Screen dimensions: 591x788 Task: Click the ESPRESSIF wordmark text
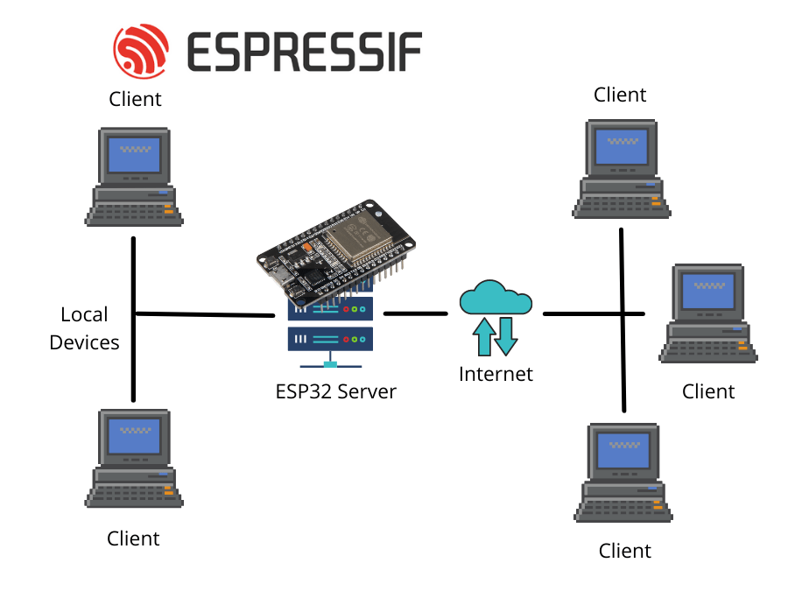(304, 52)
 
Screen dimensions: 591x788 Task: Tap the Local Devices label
(84, 328)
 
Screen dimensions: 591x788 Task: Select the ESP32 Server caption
(336, 391)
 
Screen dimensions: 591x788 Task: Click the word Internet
(496, 375)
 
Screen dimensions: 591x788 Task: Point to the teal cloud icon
(496, 299)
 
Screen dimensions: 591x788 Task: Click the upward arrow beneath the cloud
(482, 336)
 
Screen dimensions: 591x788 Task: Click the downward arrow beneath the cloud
(505, 336)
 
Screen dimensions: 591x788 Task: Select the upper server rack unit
(330, 308)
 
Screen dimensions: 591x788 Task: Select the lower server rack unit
(330, 339)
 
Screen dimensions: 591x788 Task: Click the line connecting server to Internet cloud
(417, 313)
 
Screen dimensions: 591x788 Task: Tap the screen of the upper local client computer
(134, 154)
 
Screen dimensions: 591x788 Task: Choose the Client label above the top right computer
(620, 95)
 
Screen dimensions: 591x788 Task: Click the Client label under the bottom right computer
(625, 551)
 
